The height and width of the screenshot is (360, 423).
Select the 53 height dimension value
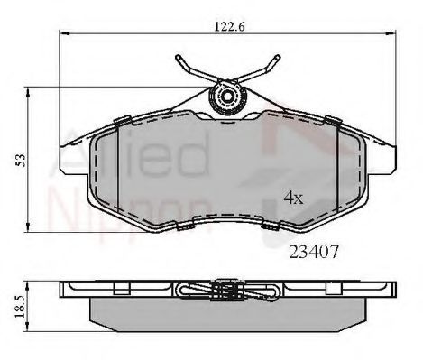coord(19,160)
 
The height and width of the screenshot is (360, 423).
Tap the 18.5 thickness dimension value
coord(19,308)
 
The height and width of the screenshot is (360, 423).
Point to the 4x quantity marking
coord(293,196)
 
